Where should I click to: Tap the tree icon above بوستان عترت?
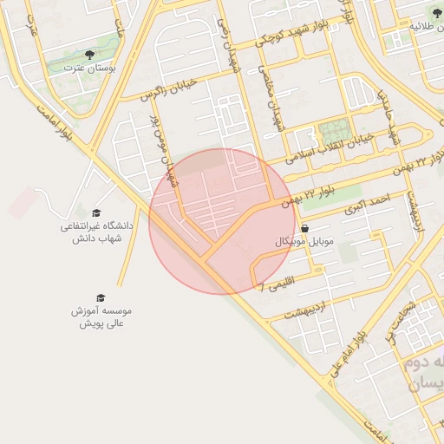90,55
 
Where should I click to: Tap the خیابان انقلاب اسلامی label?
335,147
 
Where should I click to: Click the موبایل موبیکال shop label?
281,241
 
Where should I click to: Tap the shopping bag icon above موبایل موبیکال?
304,229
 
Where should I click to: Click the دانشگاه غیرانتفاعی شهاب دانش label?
96,232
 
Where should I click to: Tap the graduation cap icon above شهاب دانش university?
97,212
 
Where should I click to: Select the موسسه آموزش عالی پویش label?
103,317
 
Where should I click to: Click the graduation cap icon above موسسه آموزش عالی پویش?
101,297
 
